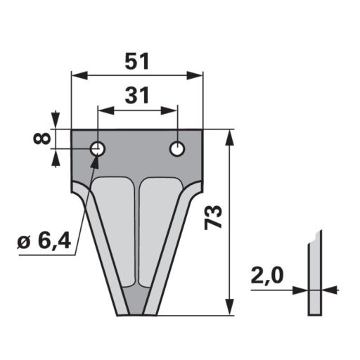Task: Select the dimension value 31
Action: (x=137, y=95)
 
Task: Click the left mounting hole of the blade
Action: (x=97, y=148)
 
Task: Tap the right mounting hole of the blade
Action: (x=177, y=148)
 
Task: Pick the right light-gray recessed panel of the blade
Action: (x=160, y=225)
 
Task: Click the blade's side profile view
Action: (x=313, y=278)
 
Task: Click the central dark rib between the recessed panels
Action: (x=137, y=232)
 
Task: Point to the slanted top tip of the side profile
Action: (x=319, y=233)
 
